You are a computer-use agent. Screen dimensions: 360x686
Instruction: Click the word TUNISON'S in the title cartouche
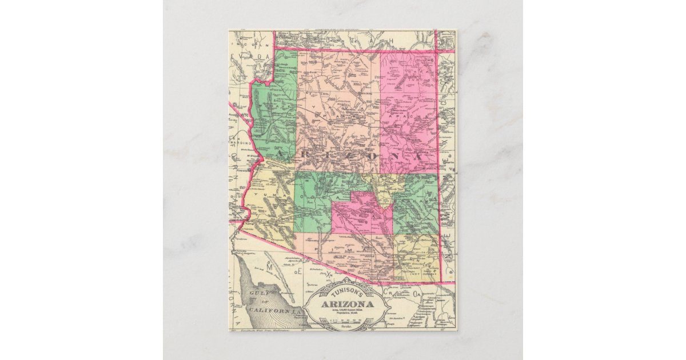(346, 291)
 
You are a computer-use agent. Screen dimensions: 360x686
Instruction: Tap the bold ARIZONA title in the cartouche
(346, 303)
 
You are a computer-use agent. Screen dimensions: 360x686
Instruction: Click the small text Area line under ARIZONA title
(346, 311)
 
